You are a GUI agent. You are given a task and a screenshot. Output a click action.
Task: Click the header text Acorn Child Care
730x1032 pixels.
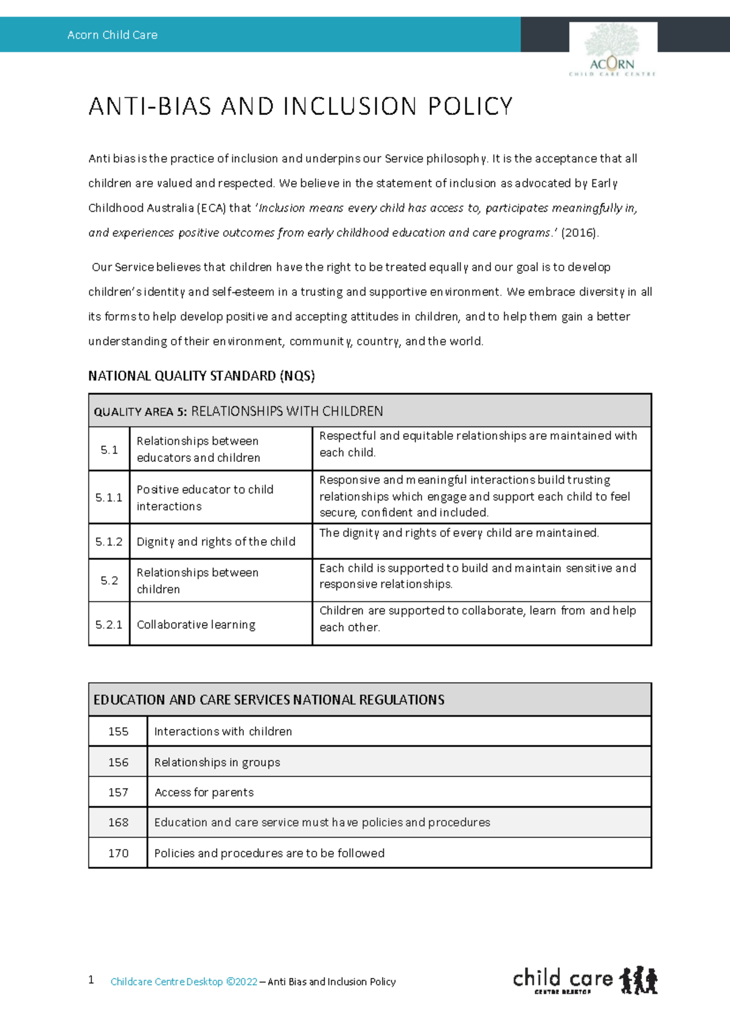coord(113,35)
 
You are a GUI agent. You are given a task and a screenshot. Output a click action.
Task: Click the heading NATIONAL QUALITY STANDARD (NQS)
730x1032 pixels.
coord(201,376)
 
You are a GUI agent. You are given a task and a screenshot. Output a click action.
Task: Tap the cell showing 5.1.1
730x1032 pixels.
coord(109,498)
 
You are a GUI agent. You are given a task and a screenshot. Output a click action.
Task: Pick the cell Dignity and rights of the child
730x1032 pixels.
coord(216,542)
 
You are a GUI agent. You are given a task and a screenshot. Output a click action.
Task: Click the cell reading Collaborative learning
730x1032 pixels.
coord(196,624)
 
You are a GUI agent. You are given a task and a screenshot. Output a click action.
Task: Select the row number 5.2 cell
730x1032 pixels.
coord(109,580)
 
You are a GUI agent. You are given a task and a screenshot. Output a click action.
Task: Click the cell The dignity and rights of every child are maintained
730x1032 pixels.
coord(459,533)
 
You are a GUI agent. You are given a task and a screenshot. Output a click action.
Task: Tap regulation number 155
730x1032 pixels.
coord(118,731)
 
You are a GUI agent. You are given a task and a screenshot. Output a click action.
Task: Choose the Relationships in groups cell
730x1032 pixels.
coord(217,762)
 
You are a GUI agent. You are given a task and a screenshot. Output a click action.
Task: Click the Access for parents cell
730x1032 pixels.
coord(204,792)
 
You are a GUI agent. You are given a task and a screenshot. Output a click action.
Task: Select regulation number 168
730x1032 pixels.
coord(118,823)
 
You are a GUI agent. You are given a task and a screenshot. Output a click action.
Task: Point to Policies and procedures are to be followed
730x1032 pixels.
coord(269,853)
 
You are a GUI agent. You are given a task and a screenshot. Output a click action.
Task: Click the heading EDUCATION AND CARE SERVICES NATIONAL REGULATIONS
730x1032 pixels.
coord(269,700)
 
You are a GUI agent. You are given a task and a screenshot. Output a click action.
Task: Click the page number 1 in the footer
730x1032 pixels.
coord(91,980)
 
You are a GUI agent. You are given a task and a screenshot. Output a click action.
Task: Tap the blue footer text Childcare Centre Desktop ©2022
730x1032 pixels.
coord(184,981)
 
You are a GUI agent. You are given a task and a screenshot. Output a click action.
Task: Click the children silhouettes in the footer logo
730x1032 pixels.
coord(638,980)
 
